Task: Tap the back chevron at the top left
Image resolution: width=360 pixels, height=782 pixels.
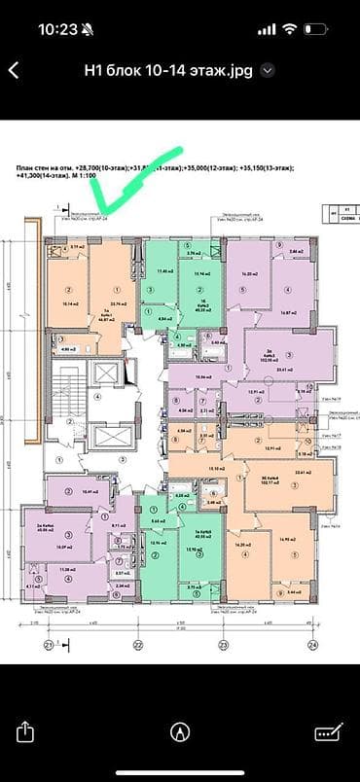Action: (x=14, y=70)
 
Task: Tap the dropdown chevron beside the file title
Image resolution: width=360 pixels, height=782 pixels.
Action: (x=269, y=70)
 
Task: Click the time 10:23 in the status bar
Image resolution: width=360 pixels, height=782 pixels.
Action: (x=59, y=28)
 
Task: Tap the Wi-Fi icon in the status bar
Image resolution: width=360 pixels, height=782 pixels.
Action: (x=289, y=28)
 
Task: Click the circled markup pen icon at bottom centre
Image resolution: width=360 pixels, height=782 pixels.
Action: (x=179, y=731)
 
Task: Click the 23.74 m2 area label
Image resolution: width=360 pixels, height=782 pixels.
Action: (x=120, y=304)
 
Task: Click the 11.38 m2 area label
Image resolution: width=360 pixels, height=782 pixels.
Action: (x=66, y=570)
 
